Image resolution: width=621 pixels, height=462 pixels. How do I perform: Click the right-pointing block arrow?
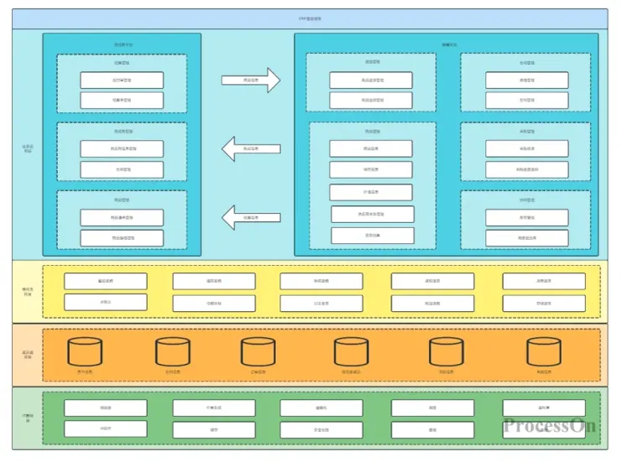[250, 80]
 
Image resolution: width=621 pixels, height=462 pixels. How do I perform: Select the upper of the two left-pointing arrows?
[250, 149]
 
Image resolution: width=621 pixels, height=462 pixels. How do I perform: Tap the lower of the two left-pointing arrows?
[250, 218]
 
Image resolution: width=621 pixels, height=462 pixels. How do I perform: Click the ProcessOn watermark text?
[550, 425]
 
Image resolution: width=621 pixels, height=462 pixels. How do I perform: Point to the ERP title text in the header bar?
[310, 18]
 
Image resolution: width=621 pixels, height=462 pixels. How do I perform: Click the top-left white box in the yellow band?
[106, 281]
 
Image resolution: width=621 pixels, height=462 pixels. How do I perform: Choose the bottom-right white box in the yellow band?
[544, 303]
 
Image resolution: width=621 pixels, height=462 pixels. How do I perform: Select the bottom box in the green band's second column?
[214, 429]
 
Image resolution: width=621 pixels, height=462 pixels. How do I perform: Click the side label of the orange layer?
[27, 355]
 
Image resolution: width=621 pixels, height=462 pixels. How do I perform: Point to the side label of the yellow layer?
[27, 292]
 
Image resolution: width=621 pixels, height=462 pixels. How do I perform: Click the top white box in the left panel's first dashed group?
[122, 80]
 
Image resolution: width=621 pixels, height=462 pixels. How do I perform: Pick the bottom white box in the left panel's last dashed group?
[122, 238]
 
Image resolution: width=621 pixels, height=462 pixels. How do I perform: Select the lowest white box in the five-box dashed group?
[372, 236]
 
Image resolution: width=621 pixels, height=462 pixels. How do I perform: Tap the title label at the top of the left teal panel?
[123, 44]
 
